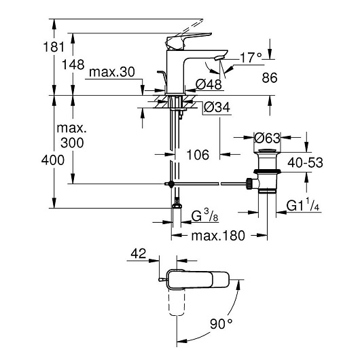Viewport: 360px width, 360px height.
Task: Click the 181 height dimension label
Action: [x=54, y=47]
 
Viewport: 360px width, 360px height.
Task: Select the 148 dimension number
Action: [x=73, y=65]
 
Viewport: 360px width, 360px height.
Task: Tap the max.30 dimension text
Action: [x=112, y=72]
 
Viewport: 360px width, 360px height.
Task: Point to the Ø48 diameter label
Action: [x=209, y=84]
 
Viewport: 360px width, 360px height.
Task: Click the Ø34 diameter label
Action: [x=217, y=107]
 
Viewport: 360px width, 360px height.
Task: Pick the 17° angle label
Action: [x=251, y=58]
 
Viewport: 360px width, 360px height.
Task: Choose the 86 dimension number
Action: [x=270, y=77]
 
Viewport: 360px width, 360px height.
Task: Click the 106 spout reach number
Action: [x=198, y=154]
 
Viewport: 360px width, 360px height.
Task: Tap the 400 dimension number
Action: [x=53, y=160]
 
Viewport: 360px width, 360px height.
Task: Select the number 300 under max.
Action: [x=72, y=143]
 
